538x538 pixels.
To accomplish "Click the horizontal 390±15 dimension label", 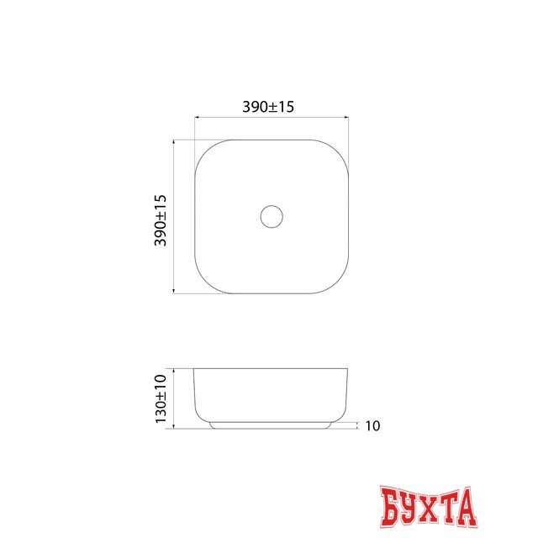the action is (x=268, y=107).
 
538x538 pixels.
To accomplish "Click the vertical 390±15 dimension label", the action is (x=161, y=220).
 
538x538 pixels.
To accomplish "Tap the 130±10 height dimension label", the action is (x=161, y=398).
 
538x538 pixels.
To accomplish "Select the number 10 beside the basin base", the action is (x=372, y=426).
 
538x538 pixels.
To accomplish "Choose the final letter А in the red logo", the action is (x=466, y=507).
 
